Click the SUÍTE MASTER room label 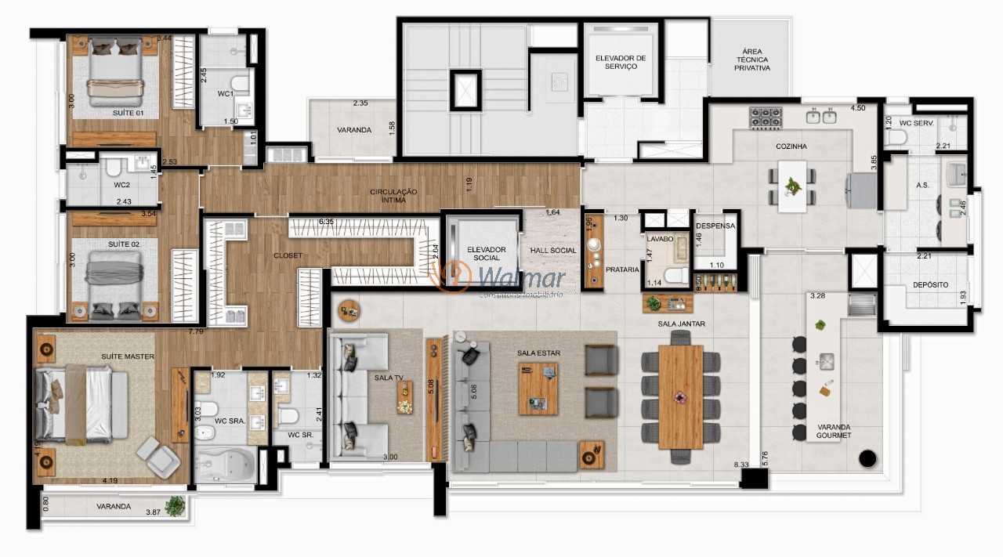(127, 356)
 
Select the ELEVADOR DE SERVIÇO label (621, 62)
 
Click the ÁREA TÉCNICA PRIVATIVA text (751, 60)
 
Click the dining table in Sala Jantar (680, 396)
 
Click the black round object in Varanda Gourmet (867, 459)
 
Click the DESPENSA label (715, 226)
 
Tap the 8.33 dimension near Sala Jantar (741, 465)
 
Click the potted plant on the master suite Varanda (176, 505)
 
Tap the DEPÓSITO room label (929, 285)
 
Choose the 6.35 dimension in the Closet (326, 222)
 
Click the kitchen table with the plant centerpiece (793, 186)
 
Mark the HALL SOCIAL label (552, 251)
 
